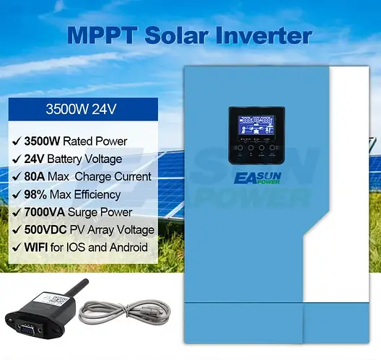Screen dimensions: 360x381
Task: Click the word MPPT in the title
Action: (101, 35)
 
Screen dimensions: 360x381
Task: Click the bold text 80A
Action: (35, 176)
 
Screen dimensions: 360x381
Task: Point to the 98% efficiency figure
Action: (36, 194)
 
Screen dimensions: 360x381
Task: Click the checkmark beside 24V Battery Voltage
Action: (15, 159)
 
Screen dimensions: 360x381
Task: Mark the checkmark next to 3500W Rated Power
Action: (15, 141)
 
